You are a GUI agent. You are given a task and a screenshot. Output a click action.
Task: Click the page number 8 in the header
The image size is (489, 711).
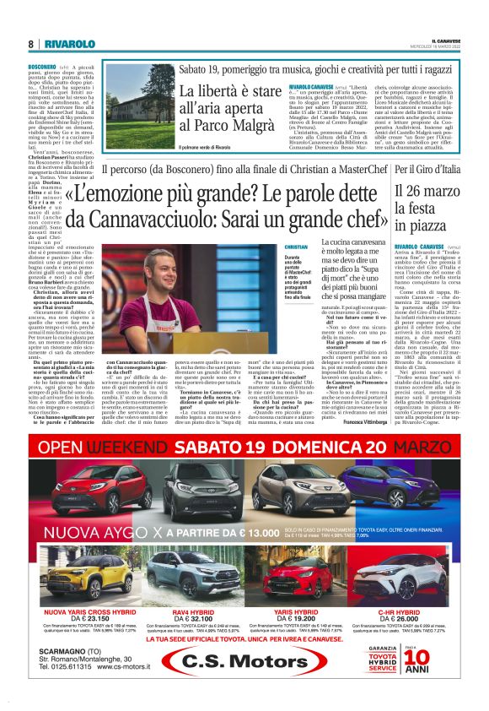[30, 44]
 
